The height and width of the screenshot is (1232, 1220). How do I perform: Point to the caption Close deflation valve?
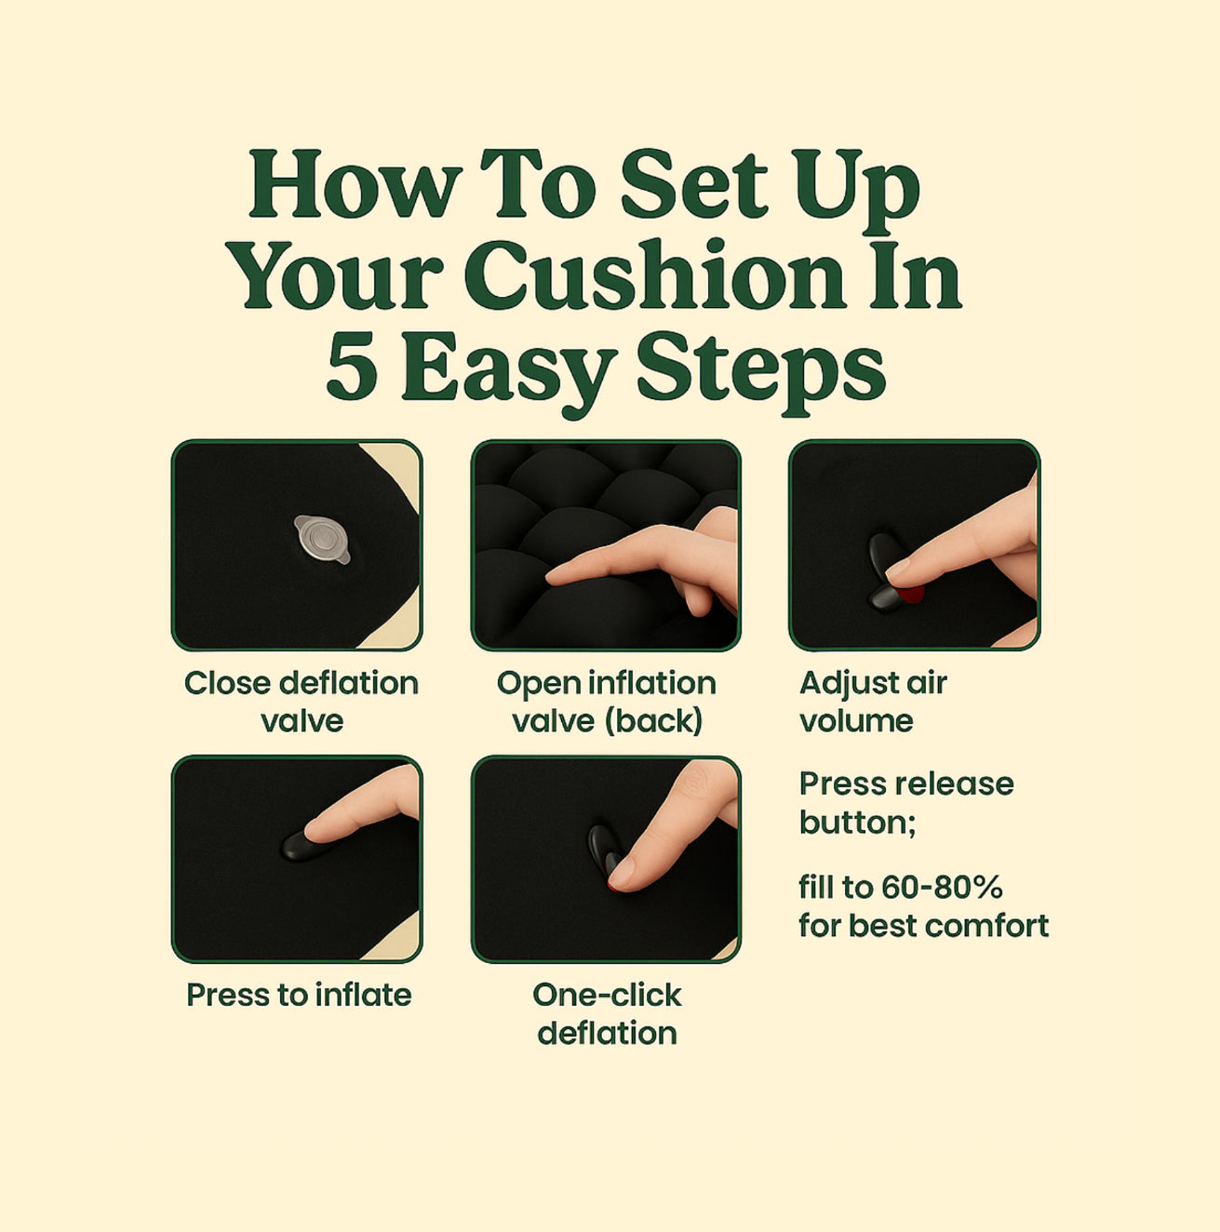(301, 702)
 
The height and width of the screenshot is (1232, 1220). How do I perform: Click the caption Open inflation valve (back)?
(607, 702)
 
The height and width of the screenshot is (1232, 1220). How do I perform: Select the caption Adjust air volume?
(873, 702)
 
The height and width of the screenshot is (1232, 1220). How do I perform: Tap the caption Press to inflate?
(299, 995)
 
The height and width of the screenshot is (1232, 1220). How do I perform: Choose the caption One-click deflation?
(607, 1013)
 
